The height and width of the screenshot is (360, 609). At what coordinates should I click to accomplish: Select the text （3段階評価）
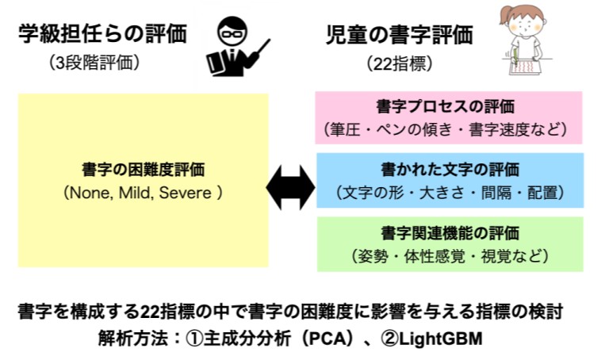pyautogui.click(x=94, y=63)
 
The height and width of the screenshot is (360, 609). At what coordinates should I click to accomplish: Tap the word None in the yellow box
pyautogui.click(x=93, y=192)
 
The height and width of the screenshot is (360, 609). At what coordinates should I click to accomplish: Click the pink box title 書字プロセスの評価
pyautogui.click(x=448, y=105)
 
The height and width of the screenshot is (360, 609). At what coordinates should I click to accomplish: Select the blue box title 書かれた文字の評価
pyautogui.click(x=448, y=170)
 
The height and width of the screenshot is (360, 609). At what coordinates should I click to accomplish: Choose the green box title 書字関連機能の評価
pyautogui.click(x=448, y=233)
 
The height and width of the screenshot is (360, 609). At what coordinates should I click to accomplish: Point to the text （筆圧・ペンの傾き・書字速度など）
pyautogui.click(x=448, y=127)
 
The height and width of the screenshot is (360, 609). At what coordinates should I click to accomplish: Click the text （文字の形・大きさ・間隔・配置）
pyautogui.click(x=448, y=192)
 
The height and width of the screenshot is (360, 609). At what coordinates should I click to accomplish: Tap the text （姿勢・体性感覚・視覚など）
pyautogui.click(x=448, y=255)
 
